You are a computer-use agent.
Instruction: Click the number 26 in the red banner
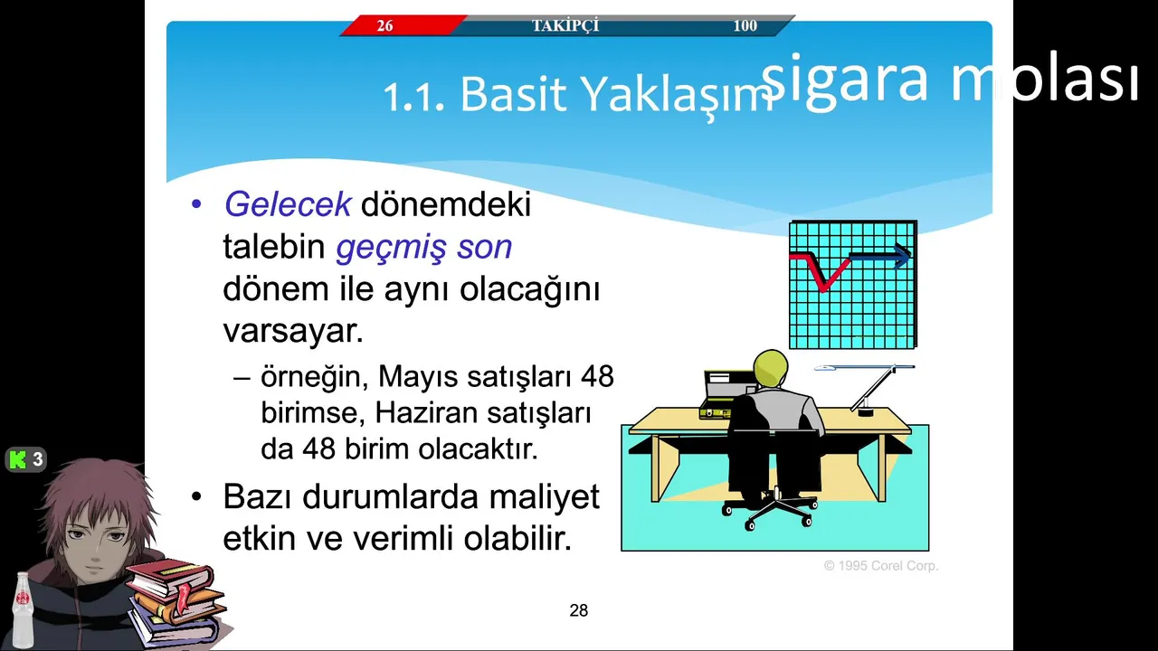pyautogui.click(x=384, y=25)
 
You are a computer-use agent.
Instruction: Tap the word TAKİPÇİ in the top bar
pyautogui.click(x=565, y=24)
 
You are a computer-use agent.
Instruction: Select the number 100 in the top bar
pyautogui.click(x=745, y=25)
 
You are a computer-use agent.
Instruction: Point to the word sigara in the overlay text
pyautogui.click(x=845, y=79)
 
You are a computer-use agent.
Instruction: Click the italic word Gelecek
pyautogui.click(x=288, y=204)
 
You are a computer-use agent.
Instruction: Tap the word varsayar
pyautogui.click(x=293, y=331)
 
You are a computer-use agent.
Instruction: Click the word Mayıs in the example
pyautogui.click(x=418, y=376)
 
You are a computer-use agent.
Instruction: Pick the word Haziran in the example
pyautogui.click(x=426, y=413)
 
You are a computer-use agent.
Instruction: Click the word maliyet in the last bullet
pyautogui.click(x=544, y=497)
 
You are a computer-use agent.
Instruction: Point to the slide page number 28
pyautogui.click(x=578, y=610)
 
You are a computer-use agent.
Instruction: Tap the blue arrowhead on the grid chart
pyautogui.click(x=904, y=255)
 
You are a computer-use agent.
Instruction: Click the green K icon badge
pyautogui.click(x=25, y=459)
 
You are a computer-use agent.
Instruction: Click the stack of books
pyautogui.click(x=176, y=602)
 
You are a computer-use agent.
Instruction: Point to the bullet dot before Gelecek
pyautogui.click(x=196, y=204)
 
